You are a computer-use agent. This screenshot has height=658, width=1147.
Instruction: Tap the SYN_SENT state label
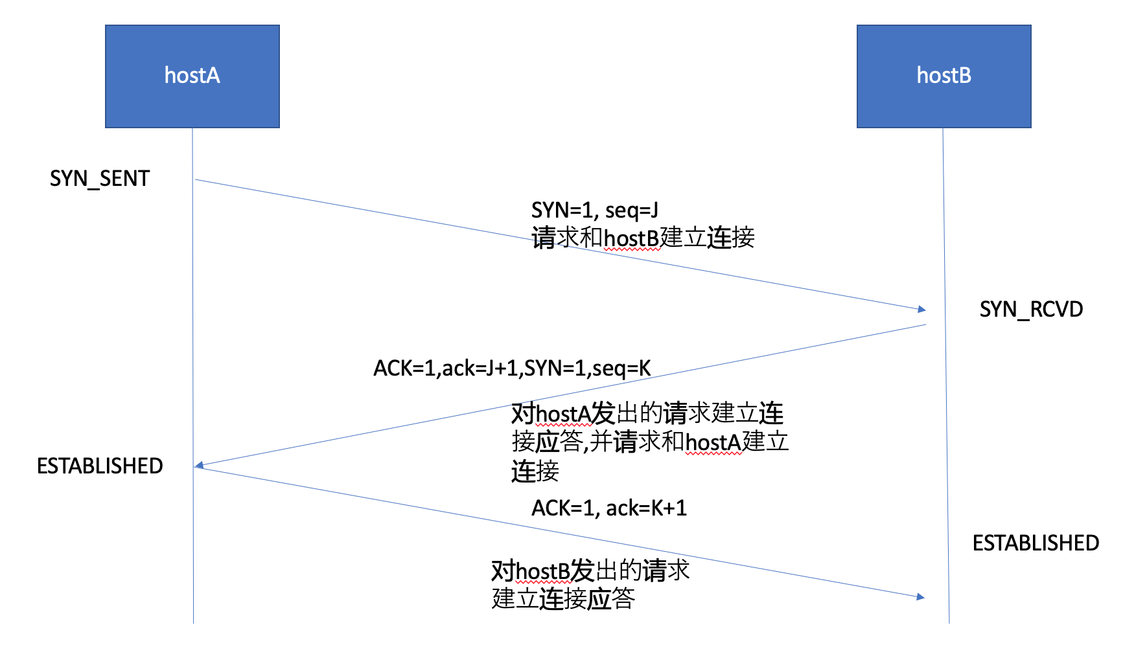[100, 178]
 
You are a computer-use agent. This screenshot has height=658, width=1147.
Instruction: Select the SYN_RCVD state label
[1031, 309]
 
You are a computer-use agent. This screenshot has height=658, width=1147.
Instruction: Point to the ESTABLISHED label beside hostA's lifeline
[100, 466]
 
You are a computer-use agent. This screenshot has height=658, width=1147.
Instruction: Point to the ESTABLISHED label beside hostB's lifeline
[1036, 543]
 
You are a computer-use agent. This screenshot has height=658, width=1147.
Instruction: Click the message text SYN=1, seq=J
[594, 210]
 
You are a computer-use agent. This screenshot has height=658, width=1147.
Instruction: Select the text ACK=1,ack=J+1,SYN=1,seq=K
[512, 368]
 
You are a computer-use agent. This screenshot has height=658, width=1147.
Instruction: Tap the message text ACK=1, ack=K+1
[608, 508]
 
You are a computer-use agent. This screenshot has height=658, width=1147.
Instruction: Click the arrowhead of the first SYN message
[921, 310]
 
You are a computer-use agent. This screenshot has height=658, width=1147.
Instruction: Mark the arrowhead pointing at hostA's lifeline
[200, 465]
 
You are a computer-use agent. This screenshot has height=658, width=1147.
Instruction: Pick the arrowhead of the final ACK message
[921, 596]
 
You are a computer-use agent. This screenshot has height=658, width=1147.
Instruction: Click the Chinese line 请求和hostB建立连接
[643, 238]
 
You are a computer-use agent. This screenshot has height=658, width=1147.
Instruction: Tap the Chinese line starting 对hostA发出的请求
[647, 413]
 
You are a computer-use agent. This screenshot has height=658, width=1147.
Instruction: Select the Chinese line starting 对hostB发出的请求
[590, 571]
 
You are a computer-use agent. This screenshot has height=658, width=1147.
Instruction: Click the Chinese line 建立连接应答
[562, 598]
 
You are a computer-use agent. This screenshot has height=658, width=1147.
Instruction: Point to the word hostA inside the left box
[192, 75]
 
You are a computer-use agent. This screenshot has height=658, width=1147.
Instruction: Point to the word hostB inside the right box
[944, 75]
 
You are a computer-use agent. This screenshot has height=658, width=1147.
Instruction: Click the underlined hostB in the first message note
[631, 238]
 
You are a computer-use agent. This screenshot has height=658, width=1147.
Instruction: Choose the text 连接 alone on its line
[535, 471]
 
